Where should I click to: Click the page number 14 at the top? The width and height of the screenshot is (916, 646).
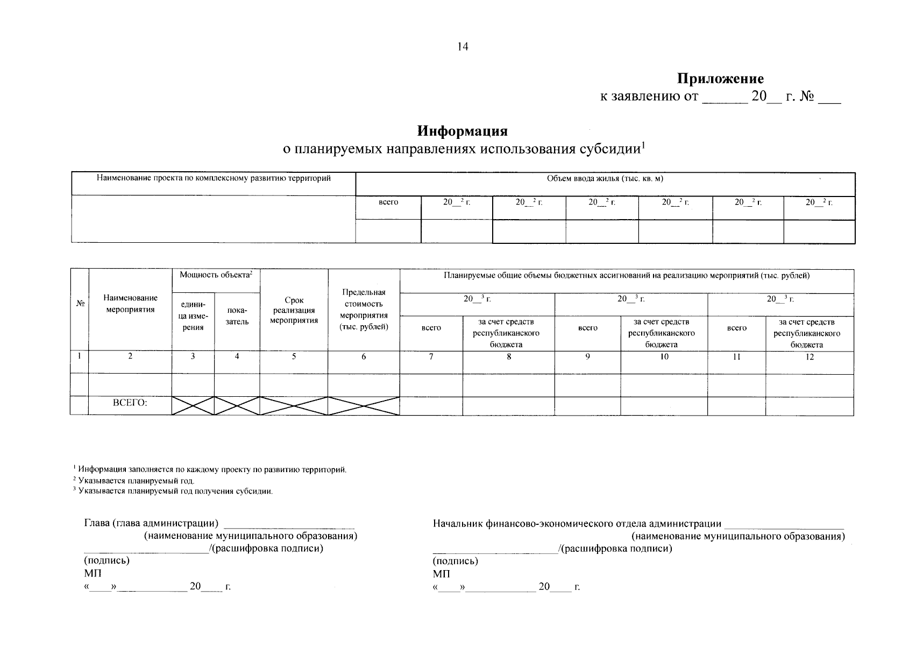(x=463, y=47)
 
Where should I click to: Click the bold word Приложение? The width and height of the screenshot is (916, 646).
(x=720, y=79)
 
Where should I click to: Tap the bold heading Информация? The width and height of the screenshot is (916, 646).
(x=463, y=131)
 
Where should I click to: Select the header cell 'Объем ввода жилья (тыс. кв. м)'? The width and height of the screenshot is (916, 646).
(x=605, y=179)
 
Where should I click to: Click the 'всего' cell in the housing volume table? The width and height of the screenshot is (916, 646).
(x=388, y=202)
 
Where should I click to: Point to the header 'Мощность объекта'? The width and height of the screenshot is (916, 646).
(x=216, y=275)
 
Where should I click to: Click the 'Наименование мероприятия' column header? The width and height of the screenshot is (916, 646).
(x=130, y=304)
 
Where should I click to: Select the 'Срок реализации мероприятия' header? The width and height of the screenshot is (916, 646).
(x=294, y=310)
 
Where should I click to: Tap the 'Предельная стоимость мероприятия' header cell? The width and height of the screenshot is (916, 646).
(x=364, y=310)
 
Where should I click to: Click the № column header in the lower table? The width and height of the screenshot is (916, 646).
(x=80, y=304)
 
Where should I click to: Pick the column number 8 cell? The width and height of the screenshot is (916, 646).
(x=508, y=356)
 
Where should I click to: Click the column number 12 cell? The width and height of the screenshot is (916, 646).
(x=809, y=356)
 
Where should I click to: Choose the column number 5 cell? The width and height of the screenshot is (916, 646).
(x=294, y=356)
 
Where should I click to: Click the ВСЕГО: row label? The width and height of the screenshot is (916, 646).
(x=130, y=403)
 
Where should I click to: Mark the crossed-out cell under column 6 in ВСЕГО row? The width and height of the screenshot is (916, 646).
(x=364, y=405)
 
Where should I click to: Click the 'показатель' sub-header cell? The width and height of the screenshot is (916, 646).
(x=237, y=316)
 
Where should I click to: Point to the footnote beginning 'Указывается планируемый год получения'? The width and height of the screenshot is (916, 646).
(x=175, y=491)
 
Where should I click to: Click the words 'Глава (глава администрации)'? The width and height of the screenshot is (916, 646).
(x=151, y=523)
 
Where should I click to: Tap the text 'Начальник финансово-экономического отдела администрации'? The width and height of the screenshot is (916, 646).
(x=577, y=523)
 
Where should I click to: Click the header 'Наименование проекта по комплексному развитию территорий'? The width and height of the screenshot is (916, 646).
(x=213, y=178)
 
